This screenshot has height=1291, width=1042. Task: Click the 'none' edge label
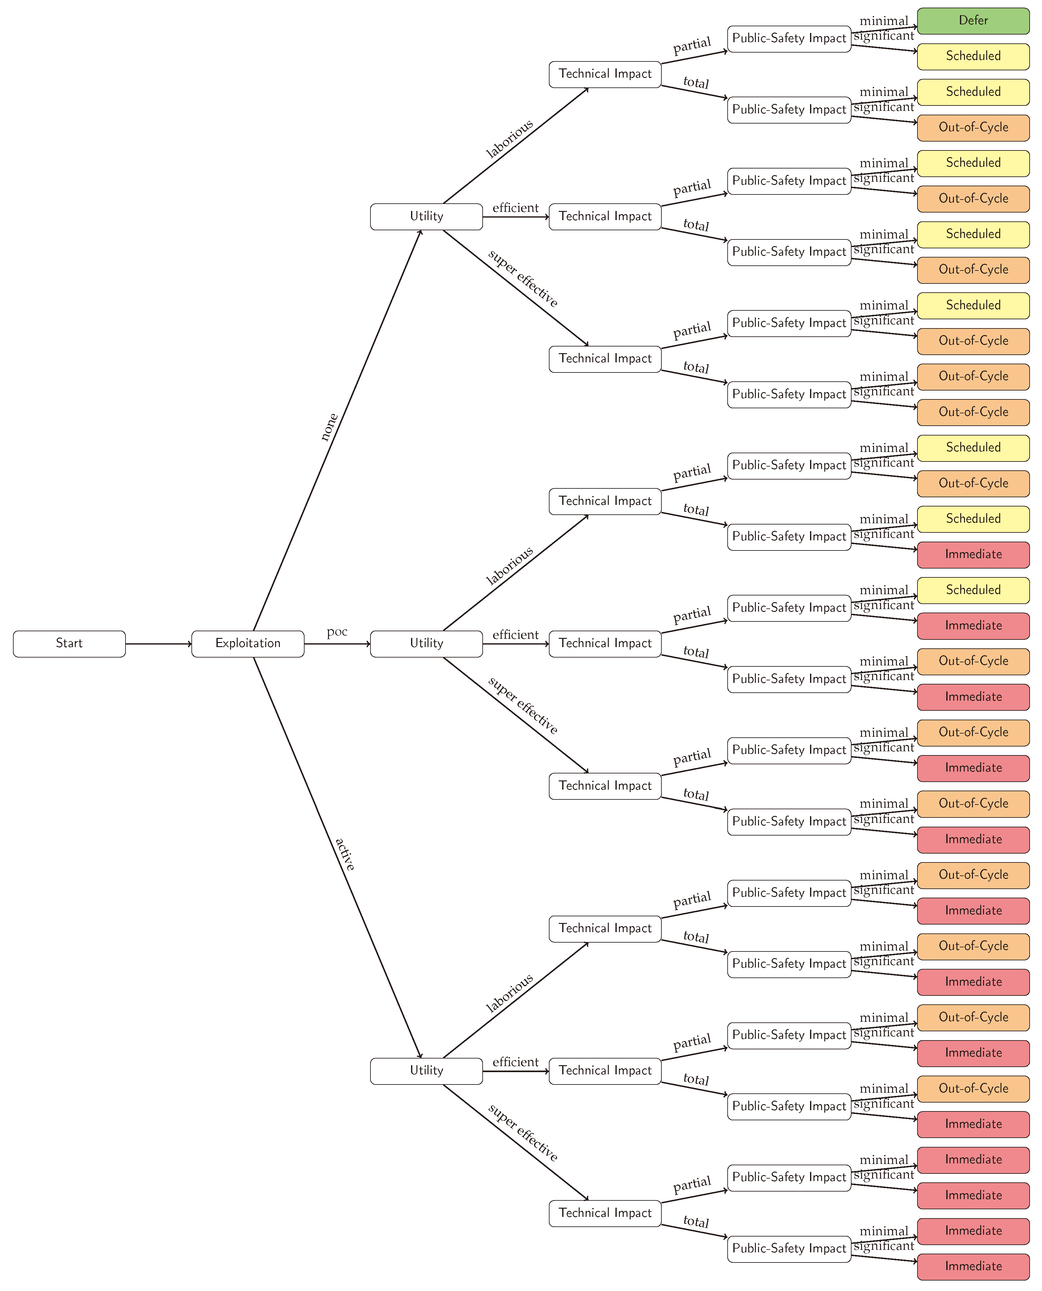tap(329, 427)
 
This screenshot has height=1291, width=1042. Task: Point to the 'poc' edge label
tap(337, 632)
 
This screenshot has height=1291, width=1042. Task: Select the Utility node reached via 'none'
tap(426, 216)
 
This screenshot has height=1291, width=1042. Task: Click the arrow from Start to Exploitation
tap(158, 644)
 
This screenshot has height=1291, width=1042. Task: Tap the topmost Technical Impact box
tap(604, 74)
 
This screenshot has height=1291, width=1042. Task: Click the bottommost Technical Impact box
tap(604, 1213)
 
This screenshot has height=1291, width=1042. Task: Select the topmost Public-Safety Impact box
tap(789, 38)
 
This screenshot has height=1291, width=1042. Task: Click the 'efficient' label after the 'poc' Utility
tap(515, 635)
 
